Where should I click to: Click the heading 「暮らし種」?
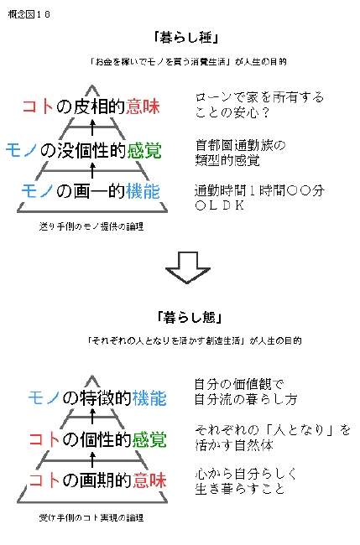186,37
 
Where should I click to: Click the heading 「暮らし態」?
189,317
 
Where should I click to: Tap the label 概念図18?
29,14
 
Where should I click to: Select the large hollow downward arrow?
187,267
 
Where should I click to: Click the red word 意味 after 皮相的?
143,106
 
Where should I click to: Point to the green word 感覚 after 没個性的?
144,150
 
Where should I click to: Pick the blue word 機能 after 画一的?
143,191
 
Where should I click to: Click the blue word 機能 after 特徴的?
149,398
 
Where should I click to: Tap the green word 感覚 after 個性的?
149,439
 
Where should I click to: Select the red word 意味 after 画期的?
149,480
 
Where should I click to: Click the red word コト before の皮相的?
38,106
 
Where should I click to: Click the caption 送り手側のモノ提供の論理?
91,226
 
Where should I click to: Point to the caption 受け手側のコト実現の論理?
91,518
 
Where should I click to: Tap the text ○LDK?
220,205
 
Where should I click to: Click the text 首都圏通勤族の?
240,145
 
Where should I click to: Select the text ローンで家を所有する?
259,97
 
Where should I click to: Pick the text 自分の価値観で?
239,384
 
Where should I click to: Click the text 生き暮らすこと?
240,489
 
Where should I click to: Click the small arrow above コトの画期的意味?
92,459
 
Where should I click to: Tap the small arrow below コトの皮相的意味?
92,127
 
